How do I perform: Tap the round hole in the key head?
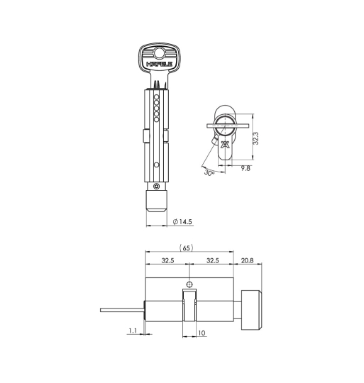pos(159,52)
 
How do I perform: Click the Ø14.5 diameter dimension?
pos(182,222)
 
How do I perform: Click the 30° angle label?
pos(209,172)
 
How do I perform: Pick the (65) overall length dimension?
pos(187,248)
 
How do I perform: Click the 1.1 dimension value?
pos(133,331)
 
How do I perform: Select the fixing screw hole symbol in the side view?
pos(188,284)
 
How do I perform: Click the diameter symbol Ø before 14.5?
pos(175,222)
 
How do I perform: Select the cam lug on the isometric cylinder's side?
pos(145,135)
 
